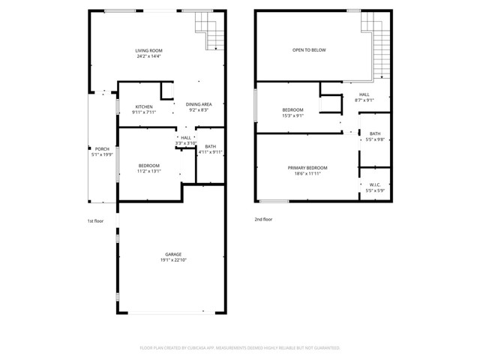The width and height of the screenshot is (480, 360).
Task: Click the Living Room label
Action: (149, 51)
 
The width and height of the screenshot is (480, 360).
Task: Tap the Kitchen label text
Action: (144, 107)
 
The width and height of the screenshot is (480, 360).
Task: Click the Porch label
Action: (102, 148)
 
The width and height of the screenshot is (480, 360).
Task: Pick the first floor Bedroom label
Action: (150, 166)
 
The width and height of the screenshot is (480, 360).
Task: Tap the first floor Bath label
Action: (211, 147)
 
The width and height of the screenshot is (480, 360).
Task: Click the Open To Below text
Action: (309, 50)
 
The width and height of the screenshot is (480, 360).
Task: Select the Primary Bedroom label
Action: (307, 167)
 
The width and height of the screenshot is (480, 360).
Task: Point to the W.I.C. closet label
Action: (376, 184)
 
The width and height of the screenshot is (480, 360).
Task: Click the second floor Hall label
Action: (364, 94)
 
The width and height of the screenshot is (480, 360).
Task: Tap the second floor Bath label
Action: (375, 133)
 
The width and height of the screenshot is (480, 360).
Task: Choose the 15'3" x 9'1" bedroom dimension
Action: (292, 115)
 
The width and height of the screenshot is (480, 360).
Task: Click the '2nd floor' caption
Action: (262, 220)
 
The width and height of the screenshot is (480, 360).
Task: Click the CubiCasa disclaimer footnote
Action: (240, 348)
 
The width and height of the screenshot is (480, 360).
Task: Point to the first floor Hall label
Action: (185, 138)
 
